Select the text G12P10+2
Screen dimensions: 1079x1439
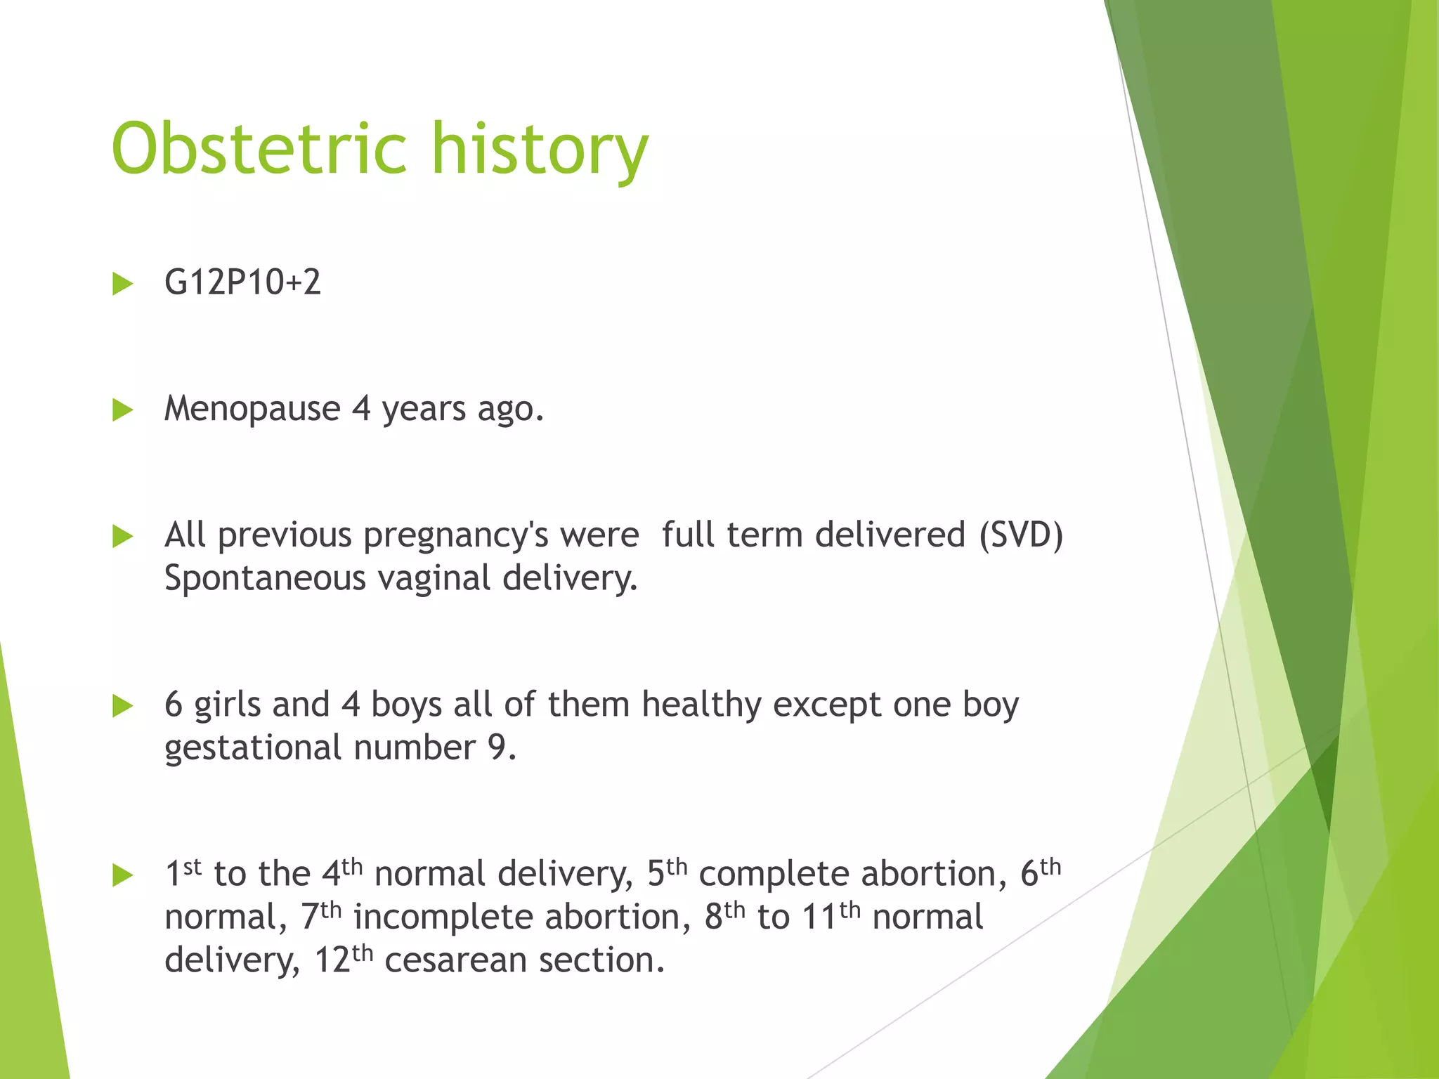(x=242, y=282)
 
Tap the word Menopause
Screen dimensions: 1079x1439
(x=252, y=409)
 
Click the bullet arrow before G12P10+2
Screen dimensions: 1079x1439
(x=123, y=284)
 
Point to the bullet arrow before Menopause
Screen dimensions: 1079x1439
(x=123, y=410)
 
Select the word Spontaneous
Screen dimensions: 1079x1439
(x=265, y=579)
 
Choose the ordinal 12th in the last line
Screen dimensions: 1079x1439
(x=343, y=960)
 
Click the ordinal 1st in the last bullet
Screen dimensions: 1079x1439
(x=183, y=874)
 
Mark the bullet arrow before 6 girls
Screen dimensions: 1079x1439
(x=123, y=706)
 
